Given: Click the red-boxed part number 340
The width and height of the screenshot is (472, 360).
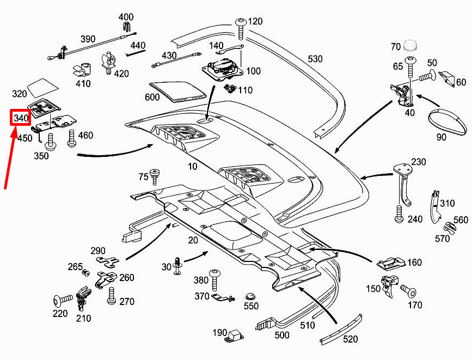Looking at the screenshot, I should (x=21, y=118).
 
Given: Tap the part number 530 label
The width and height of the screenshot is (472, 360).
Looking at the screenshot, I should (x=315, y=59).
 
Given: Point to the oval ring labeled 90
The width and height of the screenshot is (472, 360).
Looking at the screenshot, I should (x=448, y=121).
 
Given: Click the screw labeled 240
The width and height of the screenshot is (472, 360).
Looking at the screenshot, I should (x=400, y=214).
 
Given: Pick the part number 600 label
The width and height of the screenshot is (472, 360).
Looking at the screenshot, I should (x=152, y=97).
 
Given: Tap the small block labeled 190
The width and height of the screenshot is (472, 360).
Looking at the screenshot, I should (x=235, y=333).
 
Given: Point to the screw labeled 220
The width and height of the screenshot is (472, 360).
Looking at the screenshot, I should (x=63, y=299).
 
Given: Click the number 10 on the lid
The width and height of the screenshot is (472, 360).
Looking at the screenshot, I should (x=192, y=166).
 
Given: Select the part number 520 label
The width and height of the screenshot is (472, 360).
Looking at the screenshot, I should (x=351, y=339).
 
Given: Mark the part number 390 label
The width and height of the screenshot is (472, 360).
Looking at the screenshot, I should (x=88, y=39).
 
